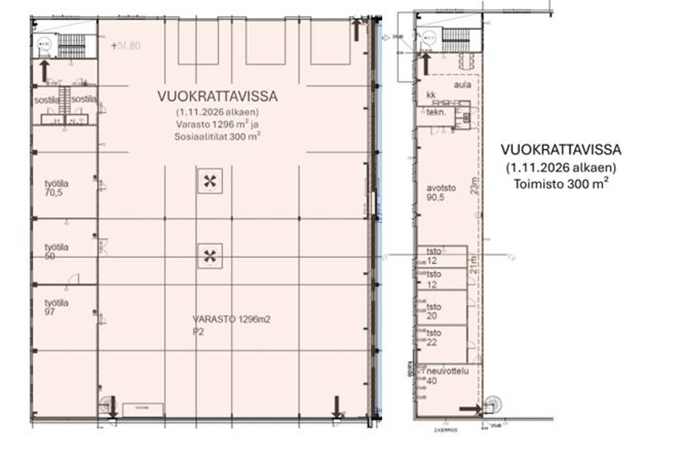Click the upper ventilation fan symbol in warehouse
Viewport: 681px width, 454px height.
tap(210, 181)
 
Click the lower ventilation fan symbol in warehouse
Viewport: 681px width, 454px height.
tap(210, 256)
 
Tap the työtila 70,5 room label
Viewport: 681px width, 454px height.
tap(56, 188)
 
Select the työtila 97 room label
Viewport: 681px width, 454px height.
tap(56, 308)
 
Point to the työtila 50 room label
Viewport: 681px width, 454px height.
tap(56, 251)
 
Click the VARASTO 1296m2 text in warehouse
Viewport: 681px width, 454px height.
tap(231, 320)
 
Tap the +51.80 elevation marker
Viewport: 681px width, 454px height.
tap(126, 46)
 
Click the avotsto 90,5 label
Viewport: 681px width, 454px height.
tap(441, 193)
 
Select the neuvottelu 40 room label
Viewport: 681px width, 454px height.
tap(447, 376)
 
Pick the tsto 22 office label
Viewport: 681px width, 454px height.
tap(433, 338)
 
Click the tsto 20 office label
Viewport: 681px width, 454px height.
tap(433, 311)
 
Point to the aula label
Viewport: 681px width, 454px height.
tap(462, 85)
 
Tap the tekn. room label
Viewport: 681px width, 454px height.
tap(436, 112)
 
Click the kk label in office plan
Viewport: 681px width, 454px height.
tap(431, 95)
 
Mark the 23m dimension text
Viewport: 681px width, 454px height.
tap(475, 186)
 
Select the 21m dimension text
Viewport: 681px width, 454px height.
tap(474, 265)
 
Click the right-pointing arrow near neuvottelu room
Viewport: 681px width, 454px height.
tap(470, 409)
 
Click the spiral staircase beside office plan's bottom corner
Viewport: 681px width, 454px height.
tap(493, 405)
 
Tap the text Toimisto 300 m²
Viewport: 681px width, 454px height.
tap(561, 184)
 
